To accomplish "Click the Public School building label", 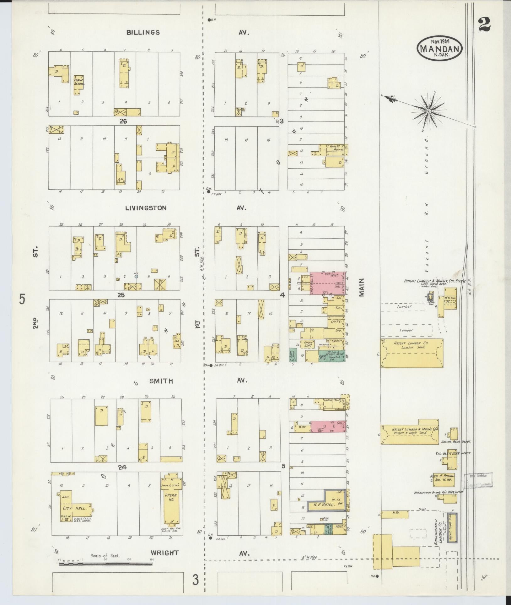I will click(79, 82).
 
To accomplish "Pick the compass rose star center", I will click(428, 111).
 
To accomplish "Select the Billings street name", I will click(143, 32).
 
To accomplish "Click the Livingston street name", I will click(146, 208).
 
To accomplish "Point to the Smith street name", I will click(161, 381).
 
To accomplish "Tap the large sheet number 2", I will click(485, 24).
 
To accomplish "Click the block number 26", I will click(123, 121).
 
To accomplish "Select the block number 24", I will click(122, 467).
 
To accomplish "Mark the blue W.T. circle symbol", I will click(136, 277).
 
